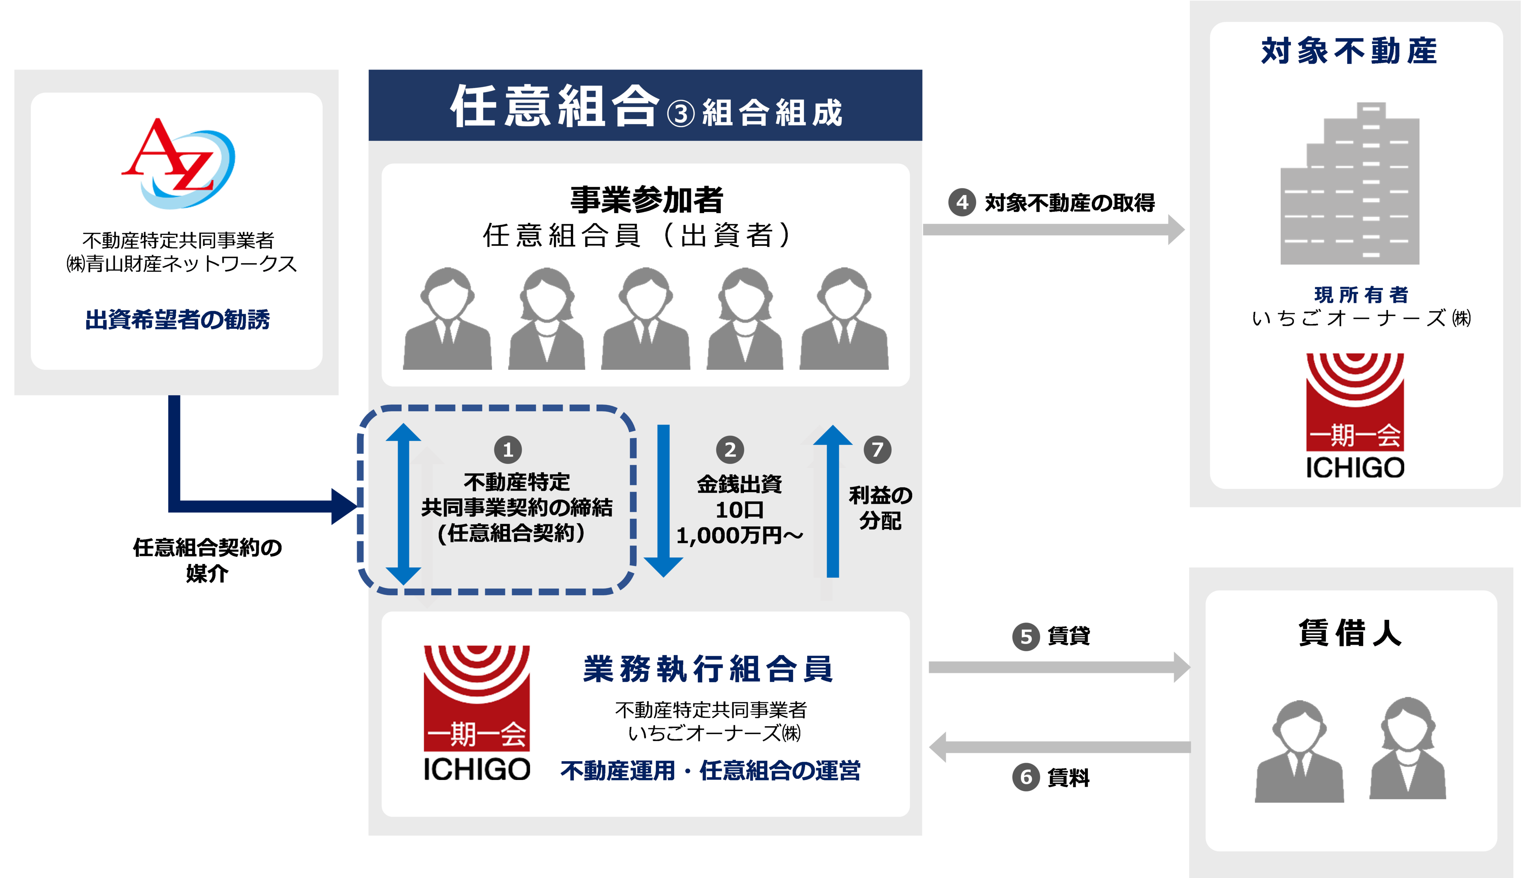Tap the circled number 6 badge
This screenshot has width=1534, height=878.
click(x=1026, y=777)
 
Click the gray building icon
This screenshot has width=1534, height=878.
click(x=1350, y=184)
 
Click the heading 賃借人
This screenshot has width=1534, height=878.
click(x=1350, y=633)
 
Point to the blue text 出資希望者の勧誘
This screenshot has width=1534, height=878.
click(x=177, y=319)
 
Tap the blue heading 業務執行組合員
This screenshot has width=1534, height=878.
click(x=708, y=670)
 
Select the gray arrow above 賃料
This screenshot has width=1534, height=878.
click(x=1060, y=747)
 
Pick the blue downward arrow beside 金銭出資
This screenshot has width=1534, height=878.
click(x=663, y=500)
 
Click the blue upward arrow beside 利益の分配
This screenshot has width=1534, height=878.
click(x=833, y=500)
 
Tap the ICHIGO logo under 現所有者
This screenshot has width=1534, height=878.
click(x=1355, y=416)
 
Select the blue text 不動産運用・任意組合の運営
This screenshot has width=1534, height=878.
click(x=710, y=771)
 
